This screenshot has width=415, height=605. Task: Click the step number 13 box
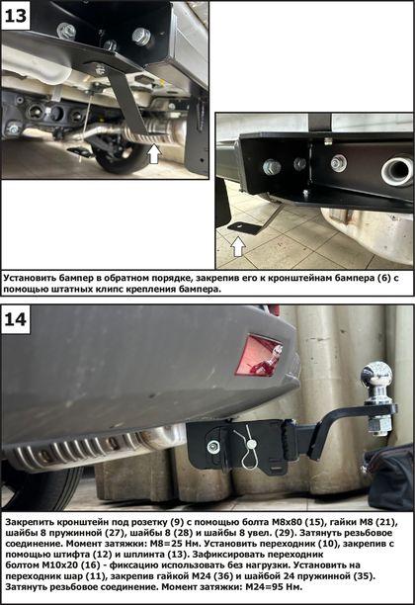pyautogui.click(x=16, y=16)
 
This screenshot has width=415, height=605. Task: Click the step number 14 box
pyautogui.click(x=16, y=319)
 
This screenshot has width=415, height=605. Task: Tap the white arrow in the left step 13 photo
pyautogui.click(x=154, y=153)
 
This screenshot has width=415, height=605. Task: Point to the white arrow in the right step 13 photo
pyautogui.click(x=238, y=246)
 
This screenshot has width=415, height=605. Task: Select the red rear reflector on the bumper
pyautogui.click(x=259, y=355)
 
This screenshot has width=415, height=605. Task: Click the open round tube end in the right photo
pyautogui.click(x=397, y=171)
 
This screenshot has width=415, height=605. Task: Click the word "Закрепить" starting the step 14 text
pyautogui.click(x=30, y=522)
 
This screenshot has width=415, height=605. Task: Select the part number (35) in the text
pyautogui.click(x=365, y=576)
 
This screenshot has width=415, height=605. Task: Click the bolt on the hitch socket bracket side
pyautogui.click(x=211, y=447)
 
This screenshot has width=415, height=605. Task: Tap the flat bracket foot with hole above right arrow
pyautogui.click(x=243, y=227)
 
